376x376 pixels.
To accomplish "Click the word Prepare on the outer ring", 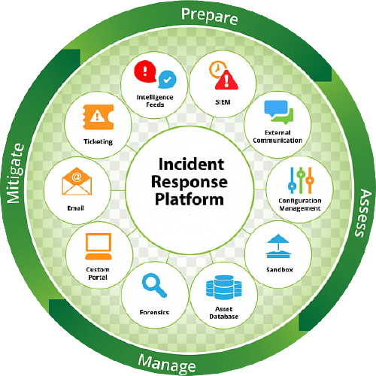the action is (x=210, y=17).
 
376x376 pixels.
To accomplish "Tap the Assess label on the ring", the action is (x=363, y=214).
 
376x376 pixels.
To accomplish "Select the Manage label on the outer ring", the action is (x=167, y=363).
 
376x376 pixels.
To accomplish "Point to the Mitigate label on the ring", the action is (x=15, y=174).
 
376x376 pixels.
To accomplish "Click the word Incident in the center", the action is (x=191, y=165).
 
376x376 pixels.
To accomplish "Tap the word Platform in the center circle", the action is (x=190, y=199).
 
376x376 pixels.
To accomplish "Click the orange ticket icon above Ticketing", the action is (x=99, y=117).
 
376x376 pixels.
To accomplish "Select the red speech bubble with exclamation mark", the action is (x=145, y=71).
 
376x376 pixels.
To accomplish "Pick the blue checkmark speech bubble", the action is (x=167, y=80).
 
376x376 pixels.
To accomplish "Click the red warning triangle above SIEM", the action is (x=226, y=80).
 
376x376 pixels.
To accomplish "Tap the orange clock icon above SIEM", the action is (x=217, y=68).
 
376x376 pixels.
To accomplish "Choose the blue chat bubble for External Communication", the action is (x=276, y=108).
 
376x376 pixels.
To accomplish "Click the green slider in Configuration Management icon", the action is (x=301, y=180).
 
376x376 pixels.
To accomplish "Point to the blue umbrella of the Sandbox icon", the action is (x=278, y=239).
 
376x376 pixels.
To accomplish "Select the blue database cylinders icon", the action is (x=224, y=287).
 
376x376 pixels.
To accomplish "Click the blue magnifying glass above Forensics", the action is (x=154, y=285).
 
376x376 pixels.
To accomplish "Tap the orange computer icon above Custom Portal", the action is (x=99, y=246).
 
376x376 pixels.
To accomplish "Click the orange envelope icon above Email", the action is (x=77, y=181).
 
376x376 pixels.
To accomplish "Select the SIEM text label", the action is (x=223, y=102).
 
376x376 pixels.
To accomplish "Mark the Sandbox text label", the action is (x=280, y=270).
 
